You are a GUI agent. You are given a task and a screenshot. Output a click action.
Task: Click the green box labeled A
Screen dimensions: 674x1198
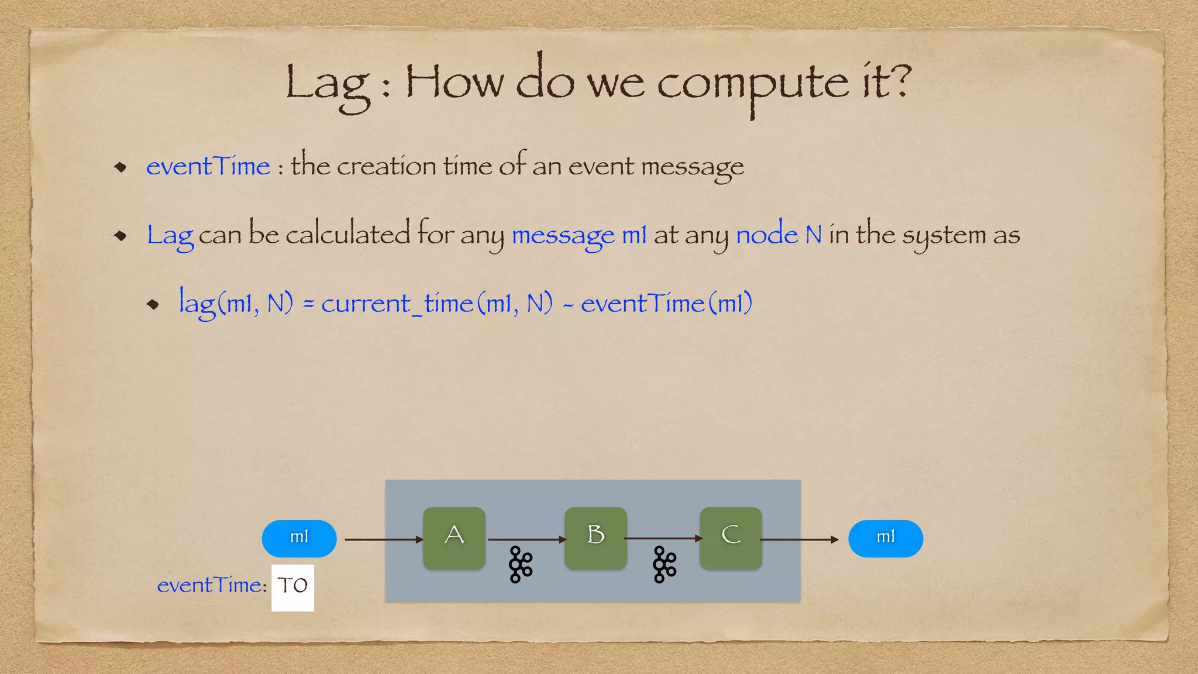tap(454, 538)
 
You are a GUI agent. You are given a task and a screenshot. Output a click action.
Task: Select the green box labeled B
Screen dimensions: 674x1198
tap(595, 538)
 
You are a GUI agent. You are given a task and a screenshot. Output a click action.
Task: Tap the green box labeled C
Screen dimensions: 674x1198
tap(731, 538)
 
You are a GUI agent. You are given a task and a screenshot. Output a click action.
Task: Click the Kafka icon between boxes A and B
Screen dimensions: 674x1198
tap(520, 565)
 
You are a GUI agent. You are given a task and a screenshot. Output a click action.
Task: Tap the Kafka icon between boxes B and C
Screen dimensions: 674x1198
tap(665, 565)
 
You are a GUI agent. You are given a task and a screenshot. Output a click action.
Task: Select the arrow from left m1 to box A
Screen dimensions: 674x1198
tap(383, 539)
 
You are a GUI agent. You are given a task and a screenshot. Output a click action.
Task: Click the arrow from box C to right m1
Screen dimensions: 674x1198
tap(799, 539)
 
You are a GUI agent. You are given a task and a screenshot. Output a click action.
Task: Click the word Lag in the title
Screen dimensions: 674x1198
tap(328, 85)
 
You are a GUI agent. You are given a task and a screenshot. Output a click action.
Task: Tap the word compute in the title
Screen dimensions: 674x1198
tap(752, 85)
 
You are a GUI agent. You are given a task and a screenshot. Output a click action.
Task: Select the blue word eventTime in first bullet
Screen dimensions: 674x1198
tap(208, 166)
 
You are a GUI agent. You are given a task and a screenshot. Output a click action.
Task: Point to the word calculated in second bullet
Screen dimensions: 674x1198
tap(347, 235)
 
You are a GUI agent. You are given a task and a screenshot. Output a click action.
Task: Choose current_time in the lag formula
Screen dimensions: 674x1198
tap(397, 304)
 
